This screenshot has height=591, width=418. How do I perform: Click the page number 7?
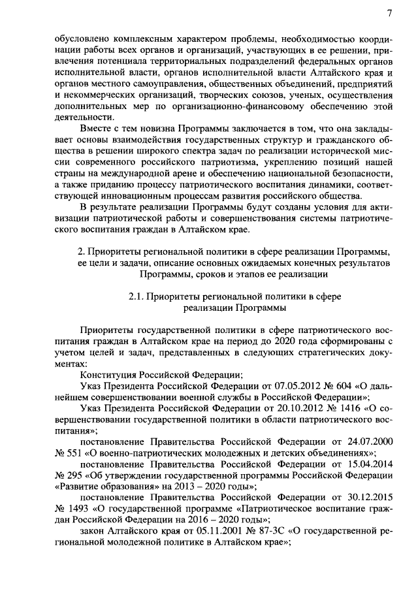pyautogui.click(x=389, y=14)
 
